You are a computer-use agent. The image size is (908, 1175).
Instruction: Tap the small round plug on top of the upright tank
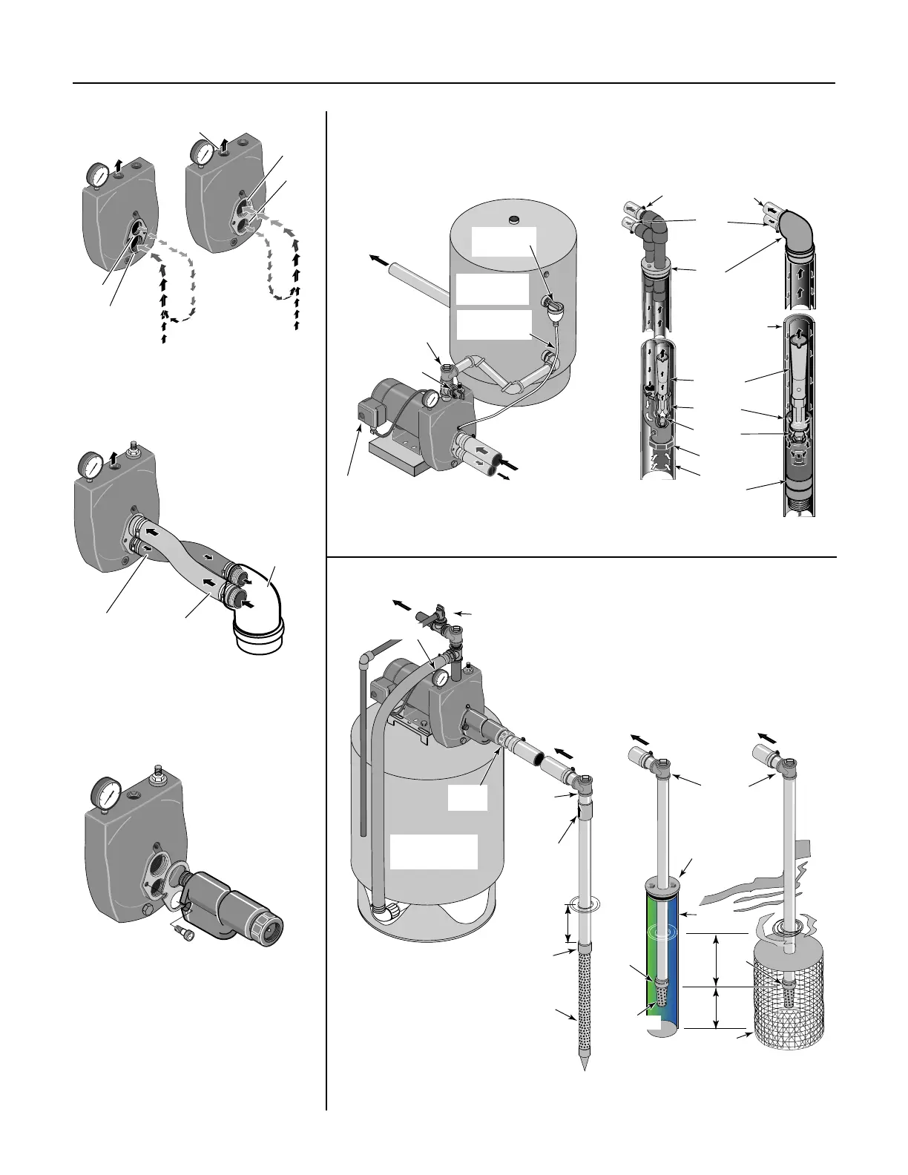512,221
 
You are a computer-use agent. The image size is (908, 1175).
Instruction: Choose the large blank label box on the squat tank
434,851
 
